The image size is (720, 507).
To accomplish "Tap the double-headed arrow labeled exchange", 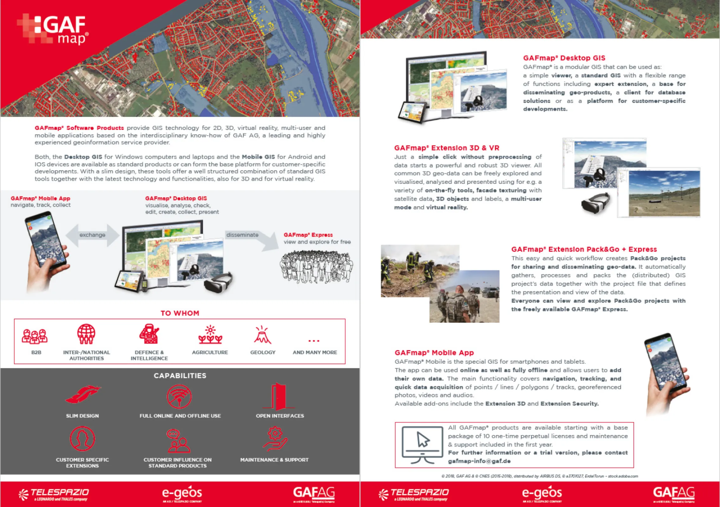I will (92, 235).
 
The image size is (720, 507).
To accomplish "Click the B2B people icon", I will (35, 336).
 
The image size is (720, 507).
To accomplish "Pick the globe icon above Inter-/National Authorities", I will (86, 334).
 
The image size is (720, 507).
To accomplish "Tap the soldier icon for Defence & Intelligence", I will (149, 334).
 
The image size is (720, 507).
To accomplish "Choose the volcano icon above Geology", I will (262, 335).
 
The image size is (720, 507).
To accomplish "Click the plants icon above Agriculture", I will (210, 335).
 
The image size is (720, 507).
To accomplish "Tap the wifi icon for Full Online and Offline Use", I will (179, 396).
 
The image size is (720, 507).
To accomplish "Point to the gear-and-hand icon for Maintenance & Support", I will (275, 439).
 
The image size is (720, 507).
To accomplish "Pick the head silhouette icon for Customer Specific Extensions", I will (82, 439).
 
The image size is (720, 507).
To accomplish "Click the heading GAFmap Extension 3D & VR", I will (447, 148).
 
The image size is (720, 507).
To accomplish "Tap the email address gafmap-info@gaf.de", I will (479, 461).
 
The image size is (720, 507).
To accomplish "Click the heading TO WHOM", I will (180, 313).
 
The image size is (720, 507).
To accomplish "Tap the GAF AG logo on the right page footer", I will (674, 493).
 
